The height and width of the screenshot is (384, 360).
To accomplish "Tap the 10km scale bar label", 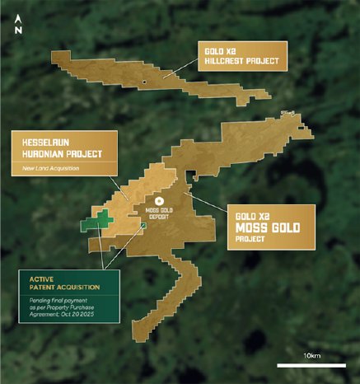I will [311, 355].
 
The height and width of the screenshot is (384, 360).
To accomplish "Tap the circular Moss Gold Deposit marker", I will [161, 199].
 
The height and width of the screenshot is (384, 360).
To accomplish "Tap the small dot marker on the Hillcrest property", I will [144, 82].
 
